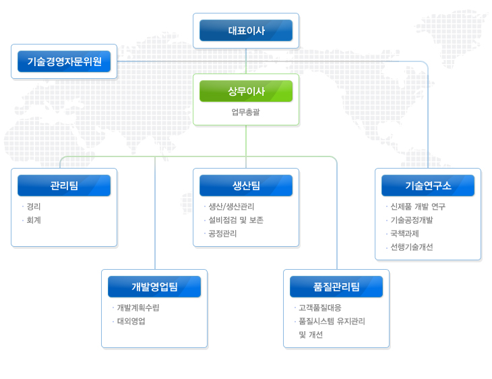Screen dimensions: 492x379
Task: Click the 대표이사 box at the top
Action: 246,30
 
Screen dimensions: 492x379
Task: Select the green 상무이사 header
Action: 246,91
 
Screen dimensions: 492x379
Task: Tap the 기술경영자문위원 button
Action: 64,61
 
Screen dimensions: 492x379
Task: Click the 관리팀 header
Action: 64,185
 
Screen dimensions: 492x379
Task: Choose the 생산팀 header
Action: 246,185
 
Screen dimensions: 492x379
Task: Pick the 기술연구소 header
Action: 428,185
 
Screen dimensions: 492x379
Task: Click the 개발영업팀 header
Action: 154,287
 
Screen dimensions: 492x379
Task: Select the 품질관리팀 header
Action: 336,287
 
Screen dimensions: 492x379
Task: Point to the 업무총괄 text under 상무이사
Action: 246,112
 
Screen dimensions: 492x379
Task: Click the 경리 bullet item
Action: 34,206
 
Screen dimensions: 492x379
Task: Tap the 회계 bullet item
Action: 34,220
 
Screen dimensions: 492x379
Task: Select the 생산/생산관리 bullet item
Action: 231,206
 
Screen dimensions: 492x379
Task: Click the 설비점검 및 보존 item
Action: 236,220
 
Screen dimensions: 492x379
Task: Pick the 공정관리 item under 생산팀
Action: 222,233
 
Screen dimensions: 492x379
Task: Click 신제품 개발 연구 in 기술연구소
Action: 418,206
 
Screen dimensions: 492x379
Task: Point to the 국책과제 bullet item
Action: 404,233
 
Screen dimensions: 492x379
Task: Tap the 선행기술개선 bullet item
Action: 412,247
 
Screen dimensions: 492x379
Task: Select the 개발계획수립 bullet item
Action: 138,308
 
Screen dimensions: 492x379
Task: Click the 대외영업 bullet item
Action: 131,321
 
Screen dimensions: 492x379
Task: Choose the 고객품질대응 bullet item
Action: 320,308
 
